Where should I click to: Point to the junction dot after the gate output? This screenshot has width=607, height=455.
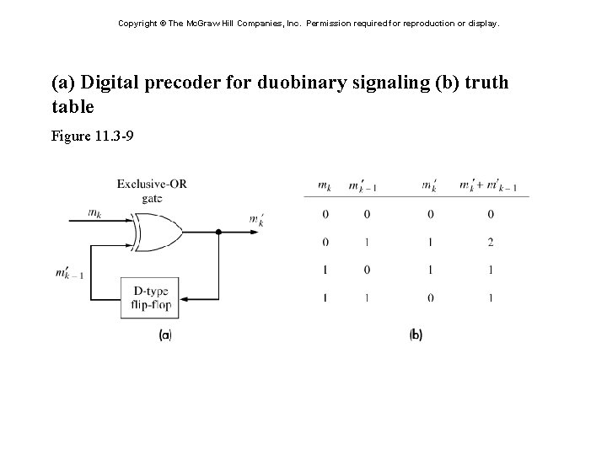tap(218, 230)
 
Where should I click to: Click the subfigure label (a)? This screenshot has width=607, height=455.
tap(166, 335)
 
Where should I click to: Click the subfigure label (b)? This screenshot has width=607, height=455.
tap(416, 335)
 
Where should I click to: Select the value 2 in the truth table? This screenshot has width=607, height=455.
tap(490, 243)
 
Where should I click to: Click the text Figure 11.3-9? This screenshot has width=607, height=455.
tap(92, 135)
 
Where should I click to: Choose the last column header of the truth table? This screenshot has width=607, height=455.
tap(488, 186)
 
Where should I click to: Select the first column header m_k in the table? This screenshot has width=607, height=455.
tap(325, 185)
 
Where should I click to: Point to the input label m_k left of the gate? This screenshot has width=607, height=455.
tap(94, 214)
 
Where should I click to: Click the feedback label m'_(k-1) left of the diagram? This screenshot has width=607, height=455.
tap(69, 273)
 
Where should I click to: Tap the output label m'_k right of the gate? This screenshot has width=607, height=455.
tap(256, 220)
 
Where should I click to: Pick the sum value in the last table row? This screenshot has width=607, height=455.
tap(490, 297)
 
